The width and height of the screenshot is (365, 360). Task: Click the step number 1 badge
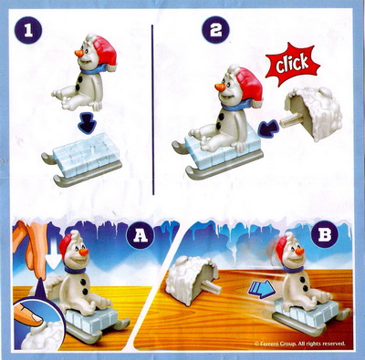28,31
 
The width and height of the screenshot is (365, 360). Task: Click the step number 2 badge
215,31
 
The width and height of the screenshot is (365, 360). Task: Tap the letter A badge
141,236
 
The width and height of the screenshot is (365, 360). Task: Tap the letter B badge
325,236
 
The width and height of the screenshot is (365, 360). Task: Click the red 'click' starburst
292,65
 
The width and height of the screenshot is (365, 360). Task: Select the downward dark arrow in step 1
88,125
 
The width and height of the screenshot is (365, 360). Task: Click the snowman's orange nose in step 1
79,53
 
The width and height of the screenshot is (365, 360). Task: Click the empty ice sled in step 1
82,161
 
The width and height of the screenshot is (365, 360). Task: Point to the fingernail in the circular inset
36,317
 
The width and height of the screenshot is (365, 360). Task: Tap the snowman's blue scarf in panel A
76,270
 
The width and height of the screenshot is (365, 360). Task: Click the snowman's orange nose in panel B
299,251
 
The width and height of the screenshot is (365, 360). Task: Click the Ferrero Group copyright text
300,344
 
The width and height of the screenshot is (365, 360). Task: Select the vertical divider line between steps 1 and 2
153,109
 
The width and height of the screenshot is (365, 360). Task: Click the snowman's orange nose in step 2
220,87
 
